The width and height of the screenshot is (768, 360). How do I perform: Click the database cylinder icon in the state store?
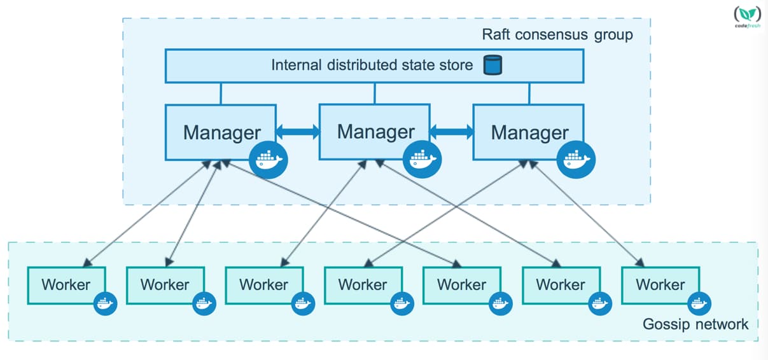pyautogui.click(x=492, y=65)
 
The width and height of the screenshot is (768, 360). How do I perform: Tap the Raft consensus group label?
pyautogui.click(x=557, y=34)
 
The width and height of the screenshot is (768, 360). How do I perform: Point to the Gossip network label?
pyautogui.click(x=695, y=324)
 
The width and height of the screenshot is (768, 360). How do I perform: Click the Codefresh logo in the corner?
pyautogui.click(x=748, y=17)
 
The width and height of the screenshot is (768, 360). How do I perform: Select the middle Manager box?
pyautogui.click(x=375, y=132)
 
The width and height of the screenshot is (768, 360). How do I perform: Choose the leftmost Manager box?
pyautogui.click(x=221, y=132)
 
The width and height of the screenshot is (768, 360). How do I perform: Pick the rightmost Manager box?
pyautogui.click(x=529, y=132)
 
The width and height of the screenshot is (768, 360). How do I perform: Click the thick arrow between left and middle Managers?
pyautogui.click(x=298, y=132)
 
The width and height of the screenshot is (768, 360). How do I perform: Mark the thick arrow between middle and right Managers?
pyautogui.click(x=452, y=132)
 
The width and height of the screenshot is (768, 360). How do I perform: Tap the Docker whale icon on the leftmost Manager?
pyautogui.click(x=269, y=160)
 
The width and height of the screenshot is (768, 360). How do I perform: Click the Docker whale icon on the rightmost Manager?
pyautogui.click(x=576, y=160)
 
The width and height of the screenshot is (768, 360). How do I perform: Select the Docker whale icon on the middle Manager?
pyautogui.click(x=422, y=160)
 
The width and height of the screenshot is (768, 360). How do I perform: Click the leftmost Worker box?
pyautogui.click(x=67, y=285)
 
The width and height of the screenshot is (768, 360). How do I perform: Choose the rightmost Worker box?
pyautogui.click(x=660, y=285)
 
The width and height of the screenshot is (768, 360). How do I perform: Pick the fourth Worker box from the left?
pyautogui.click(x=363, y=285)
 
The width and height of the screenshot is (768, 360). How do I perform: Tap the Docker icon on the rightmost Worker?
pyautogui.click(x=699, y=303)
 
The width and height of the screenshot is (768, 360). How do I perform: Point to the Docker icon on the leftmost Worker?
pyautogui.click(x=105, y=303)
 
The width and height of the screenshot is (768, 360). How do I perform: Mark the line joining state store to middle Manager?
pyautogui.click(x=375, y=93)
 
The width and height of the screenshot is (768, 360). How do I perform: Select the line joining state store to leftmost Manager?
pyautogui.click(x=221, y=93)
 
